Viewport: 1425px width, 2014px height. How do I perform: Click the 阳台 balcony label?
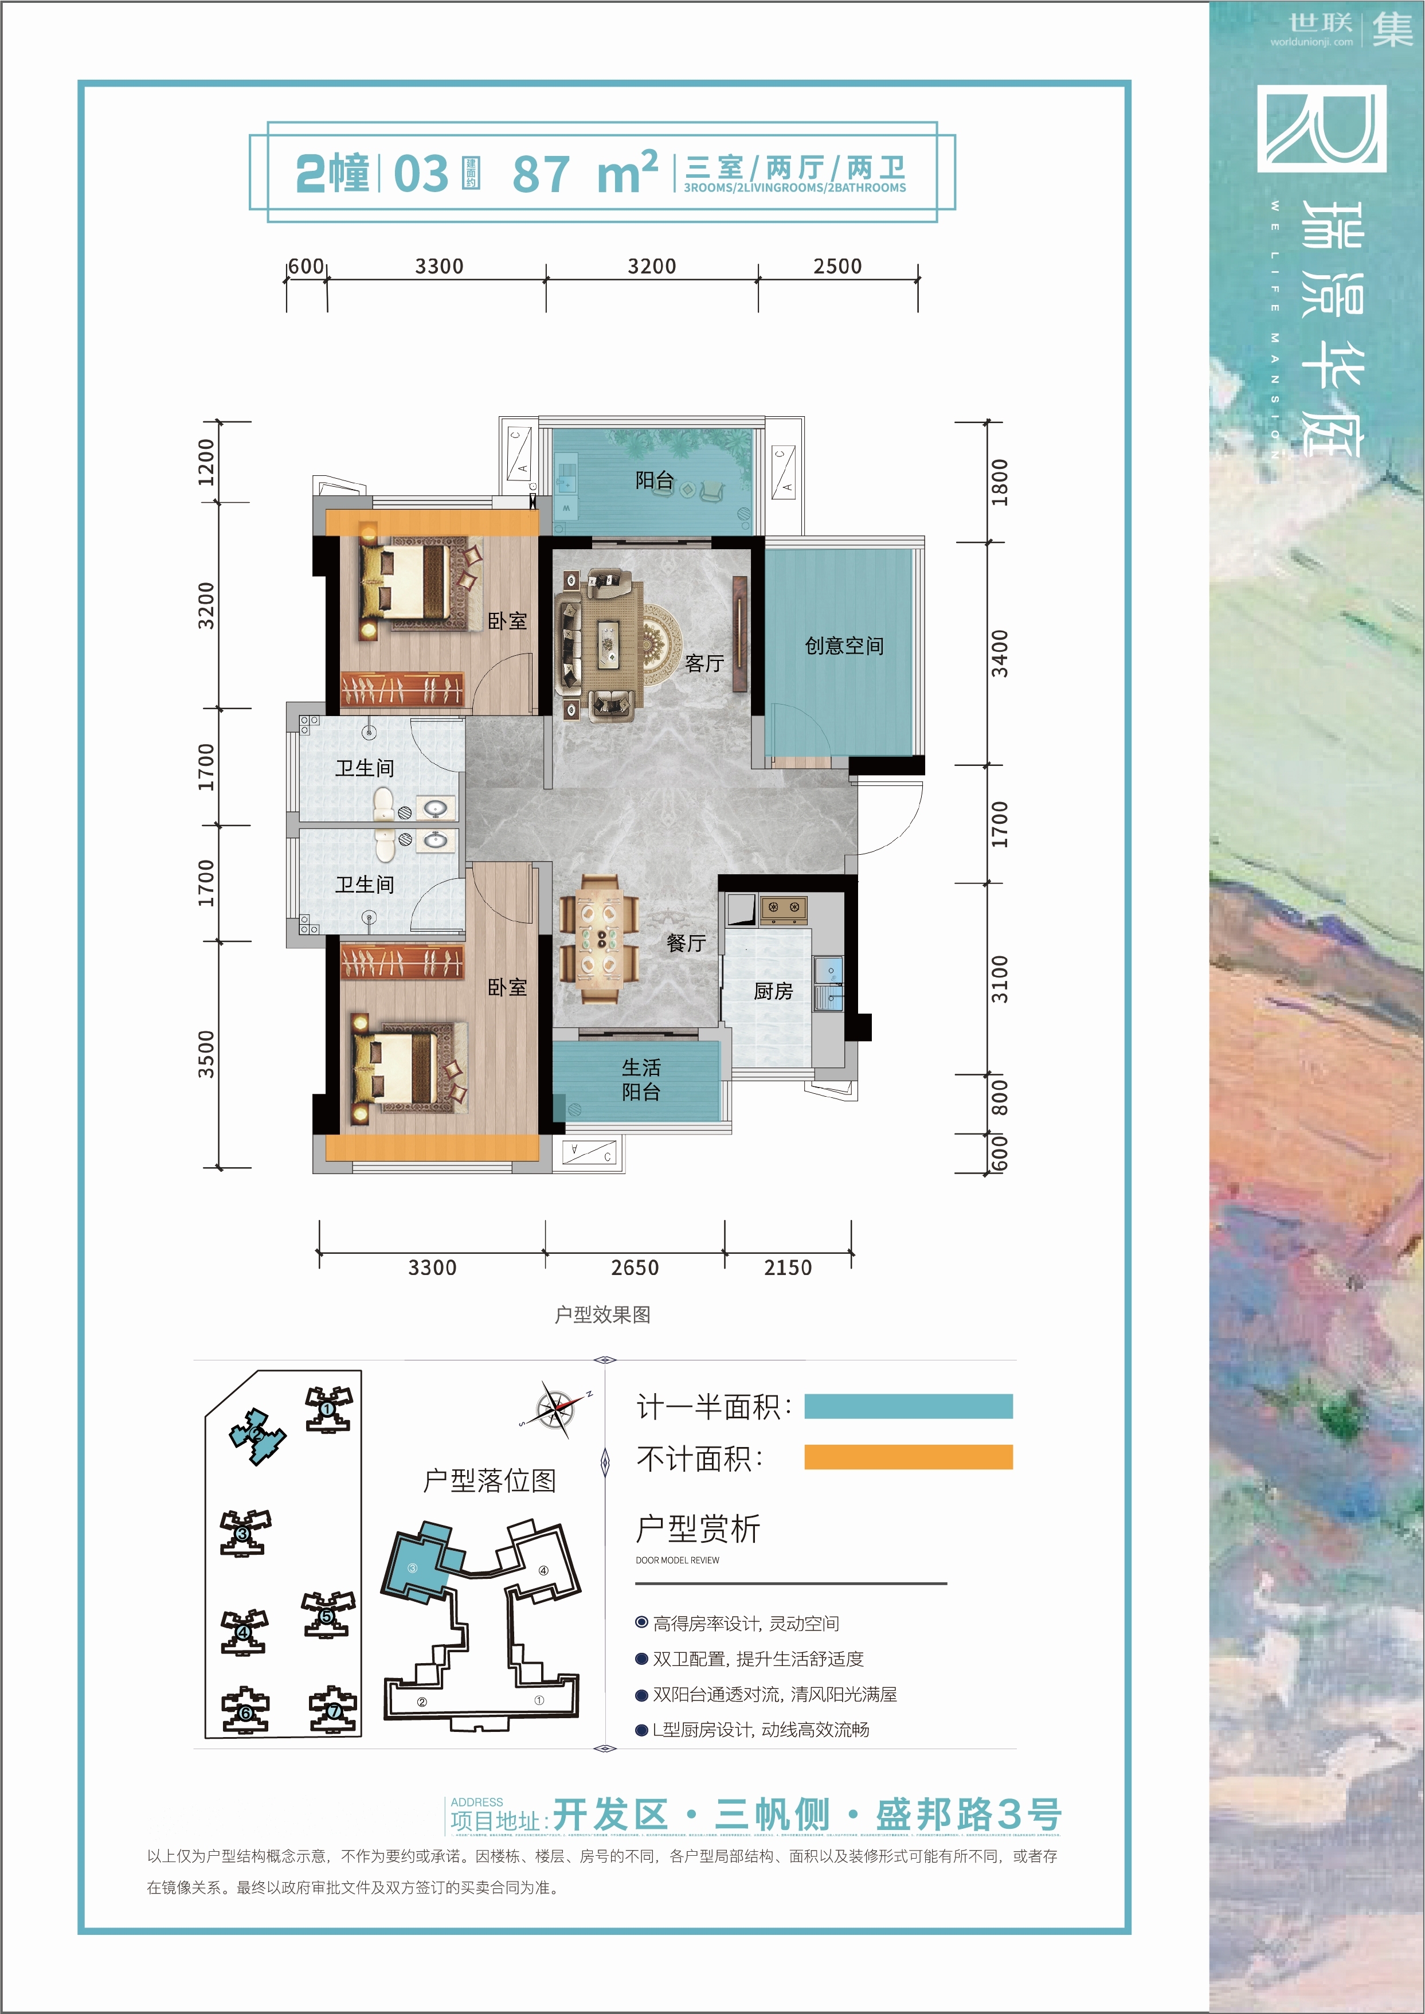tap(655, 480)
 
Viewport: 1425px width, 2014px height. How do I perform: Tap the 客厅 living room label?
tap(704, 663)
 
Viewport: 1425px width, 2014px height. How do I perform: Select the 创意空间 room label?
tap(844, 646)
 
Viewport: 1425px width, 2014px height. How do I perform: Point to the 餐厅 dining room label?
tap(686, 943)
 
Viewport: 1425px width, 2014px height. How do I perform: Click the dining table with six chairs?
tap(600, 940)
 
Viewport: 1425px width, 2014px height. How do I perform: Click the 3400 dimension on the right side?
tap(1000, 653)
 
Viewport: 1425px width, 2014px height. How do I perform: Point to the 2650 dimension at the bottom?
tap(635, 1267)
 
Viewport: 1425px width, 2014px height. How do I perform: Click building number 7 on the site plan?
tap(334, 1710)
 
